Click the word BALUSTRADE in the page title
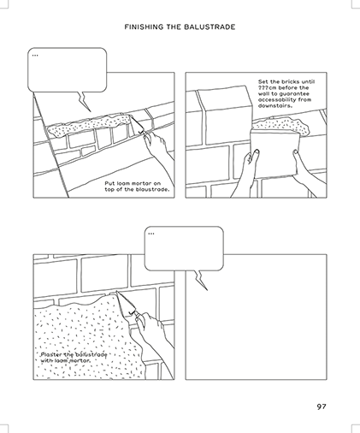(x=210, y=27)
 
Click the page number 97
(x=322, y=406)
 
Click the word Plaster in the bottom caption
(x=50, y=355)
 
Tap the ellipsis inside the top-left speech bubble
(x=35, y=56)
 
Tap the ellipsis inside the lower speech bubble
(x=151, y=234)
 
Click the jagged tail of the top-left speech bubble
(x=84, y=101)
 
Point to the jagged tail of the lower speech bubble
(x=201, y=280)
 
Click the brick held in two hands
(x=275, y=153)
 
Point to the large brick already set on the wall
(x=225, y=115)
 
